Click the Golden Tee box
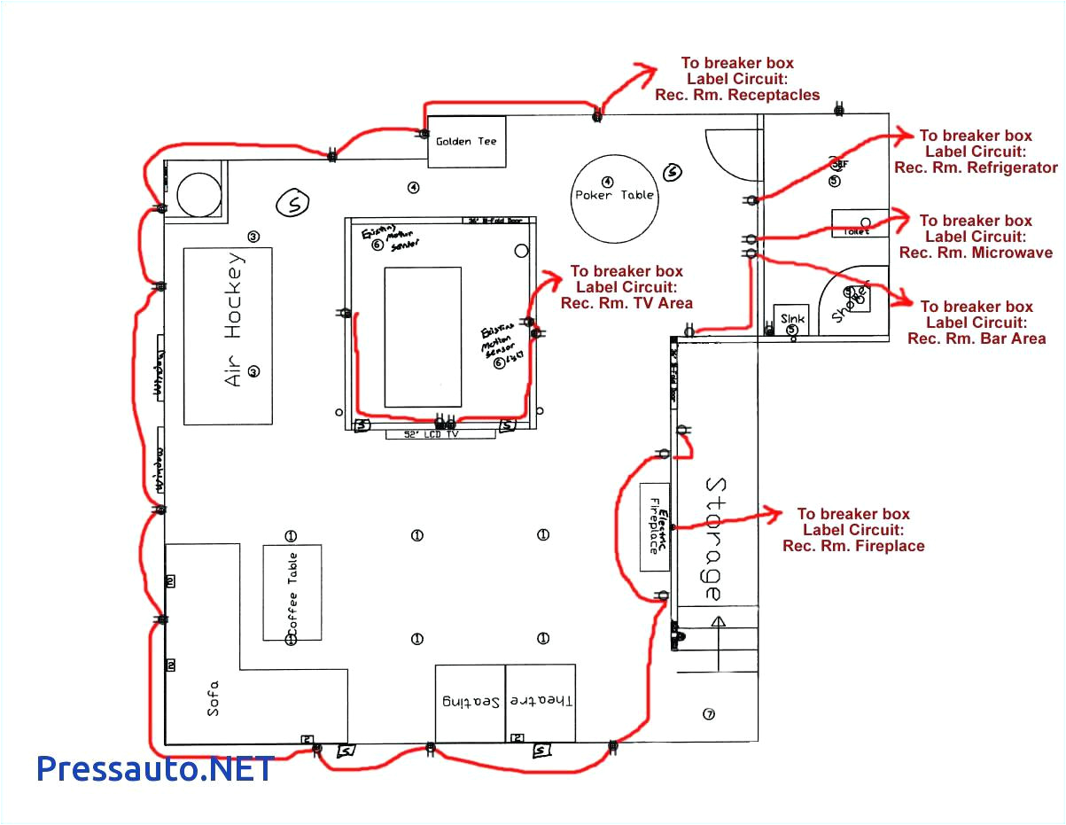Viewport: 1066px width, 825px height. click(x=467, y=142)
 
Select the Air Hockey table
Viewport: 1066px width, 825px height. click(x=228, y=337)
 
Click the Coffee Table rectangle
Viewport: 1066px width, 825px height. click(x=292, y=592)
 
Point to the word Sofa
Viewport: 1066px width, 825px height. click(x=213, y=697)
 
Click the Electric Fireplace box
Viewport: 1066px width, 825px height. click(x=655, y=527)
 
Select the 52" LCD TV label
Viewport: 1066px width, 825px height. click(x=440, y=434)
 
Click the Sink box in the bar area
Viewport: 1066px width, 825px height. click(x=790, y=320)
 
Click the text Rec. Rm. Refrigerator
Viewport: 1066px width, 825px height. click(x=976, y=167)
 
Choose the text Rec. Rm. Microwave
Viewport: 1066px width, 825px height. click(x=976, y=253)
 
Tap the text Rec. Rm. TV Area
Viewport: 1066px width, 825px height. click(x=626, y=303)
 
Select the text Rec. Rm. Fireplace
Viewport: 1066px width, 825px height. click(x=852, y=546)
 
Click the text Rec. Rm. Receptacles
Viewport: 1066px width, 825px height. click(x=737, y=95)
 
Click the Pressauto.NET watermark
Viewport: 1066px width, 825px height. click(x=155, y=767)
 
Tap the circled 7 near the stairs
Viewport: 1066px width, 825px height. click(x=707, y=714)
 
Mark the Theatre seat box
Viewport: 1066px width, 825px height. click(x=541, y=703)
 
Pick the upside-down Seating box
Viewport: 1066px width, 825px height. click(x=470, y=703)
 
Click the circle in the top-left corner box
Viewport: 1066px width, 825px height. click(x=198, y=192)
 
